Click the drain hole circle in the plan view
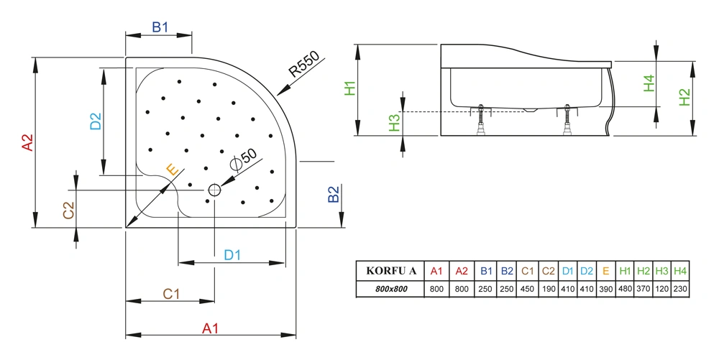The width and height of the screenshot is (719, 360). (215, 190)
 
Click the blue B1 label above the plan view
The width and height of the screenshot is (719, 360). (160, 28)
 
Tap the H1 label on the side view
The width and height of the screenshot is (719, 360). (350, 88)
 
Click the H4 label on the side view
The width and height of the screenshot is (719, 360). (649, 83)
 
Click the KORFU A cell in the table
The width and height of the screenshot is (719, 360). (391, 271)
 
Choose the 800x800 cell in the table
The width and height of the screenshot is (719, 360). (391, 289)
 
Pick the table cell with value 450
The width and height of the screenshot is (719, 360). (527, 289)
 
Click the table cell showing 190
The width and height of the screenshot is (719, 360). (547, 289)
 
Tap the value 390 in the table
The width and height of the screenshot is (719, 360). (606, 289)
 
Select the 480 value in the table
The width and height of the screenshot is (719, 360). (625, 289)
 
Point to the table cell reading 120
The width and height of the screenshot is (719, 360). (661, 289)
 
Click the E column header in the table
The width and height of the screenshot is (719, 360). (606, 271)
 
